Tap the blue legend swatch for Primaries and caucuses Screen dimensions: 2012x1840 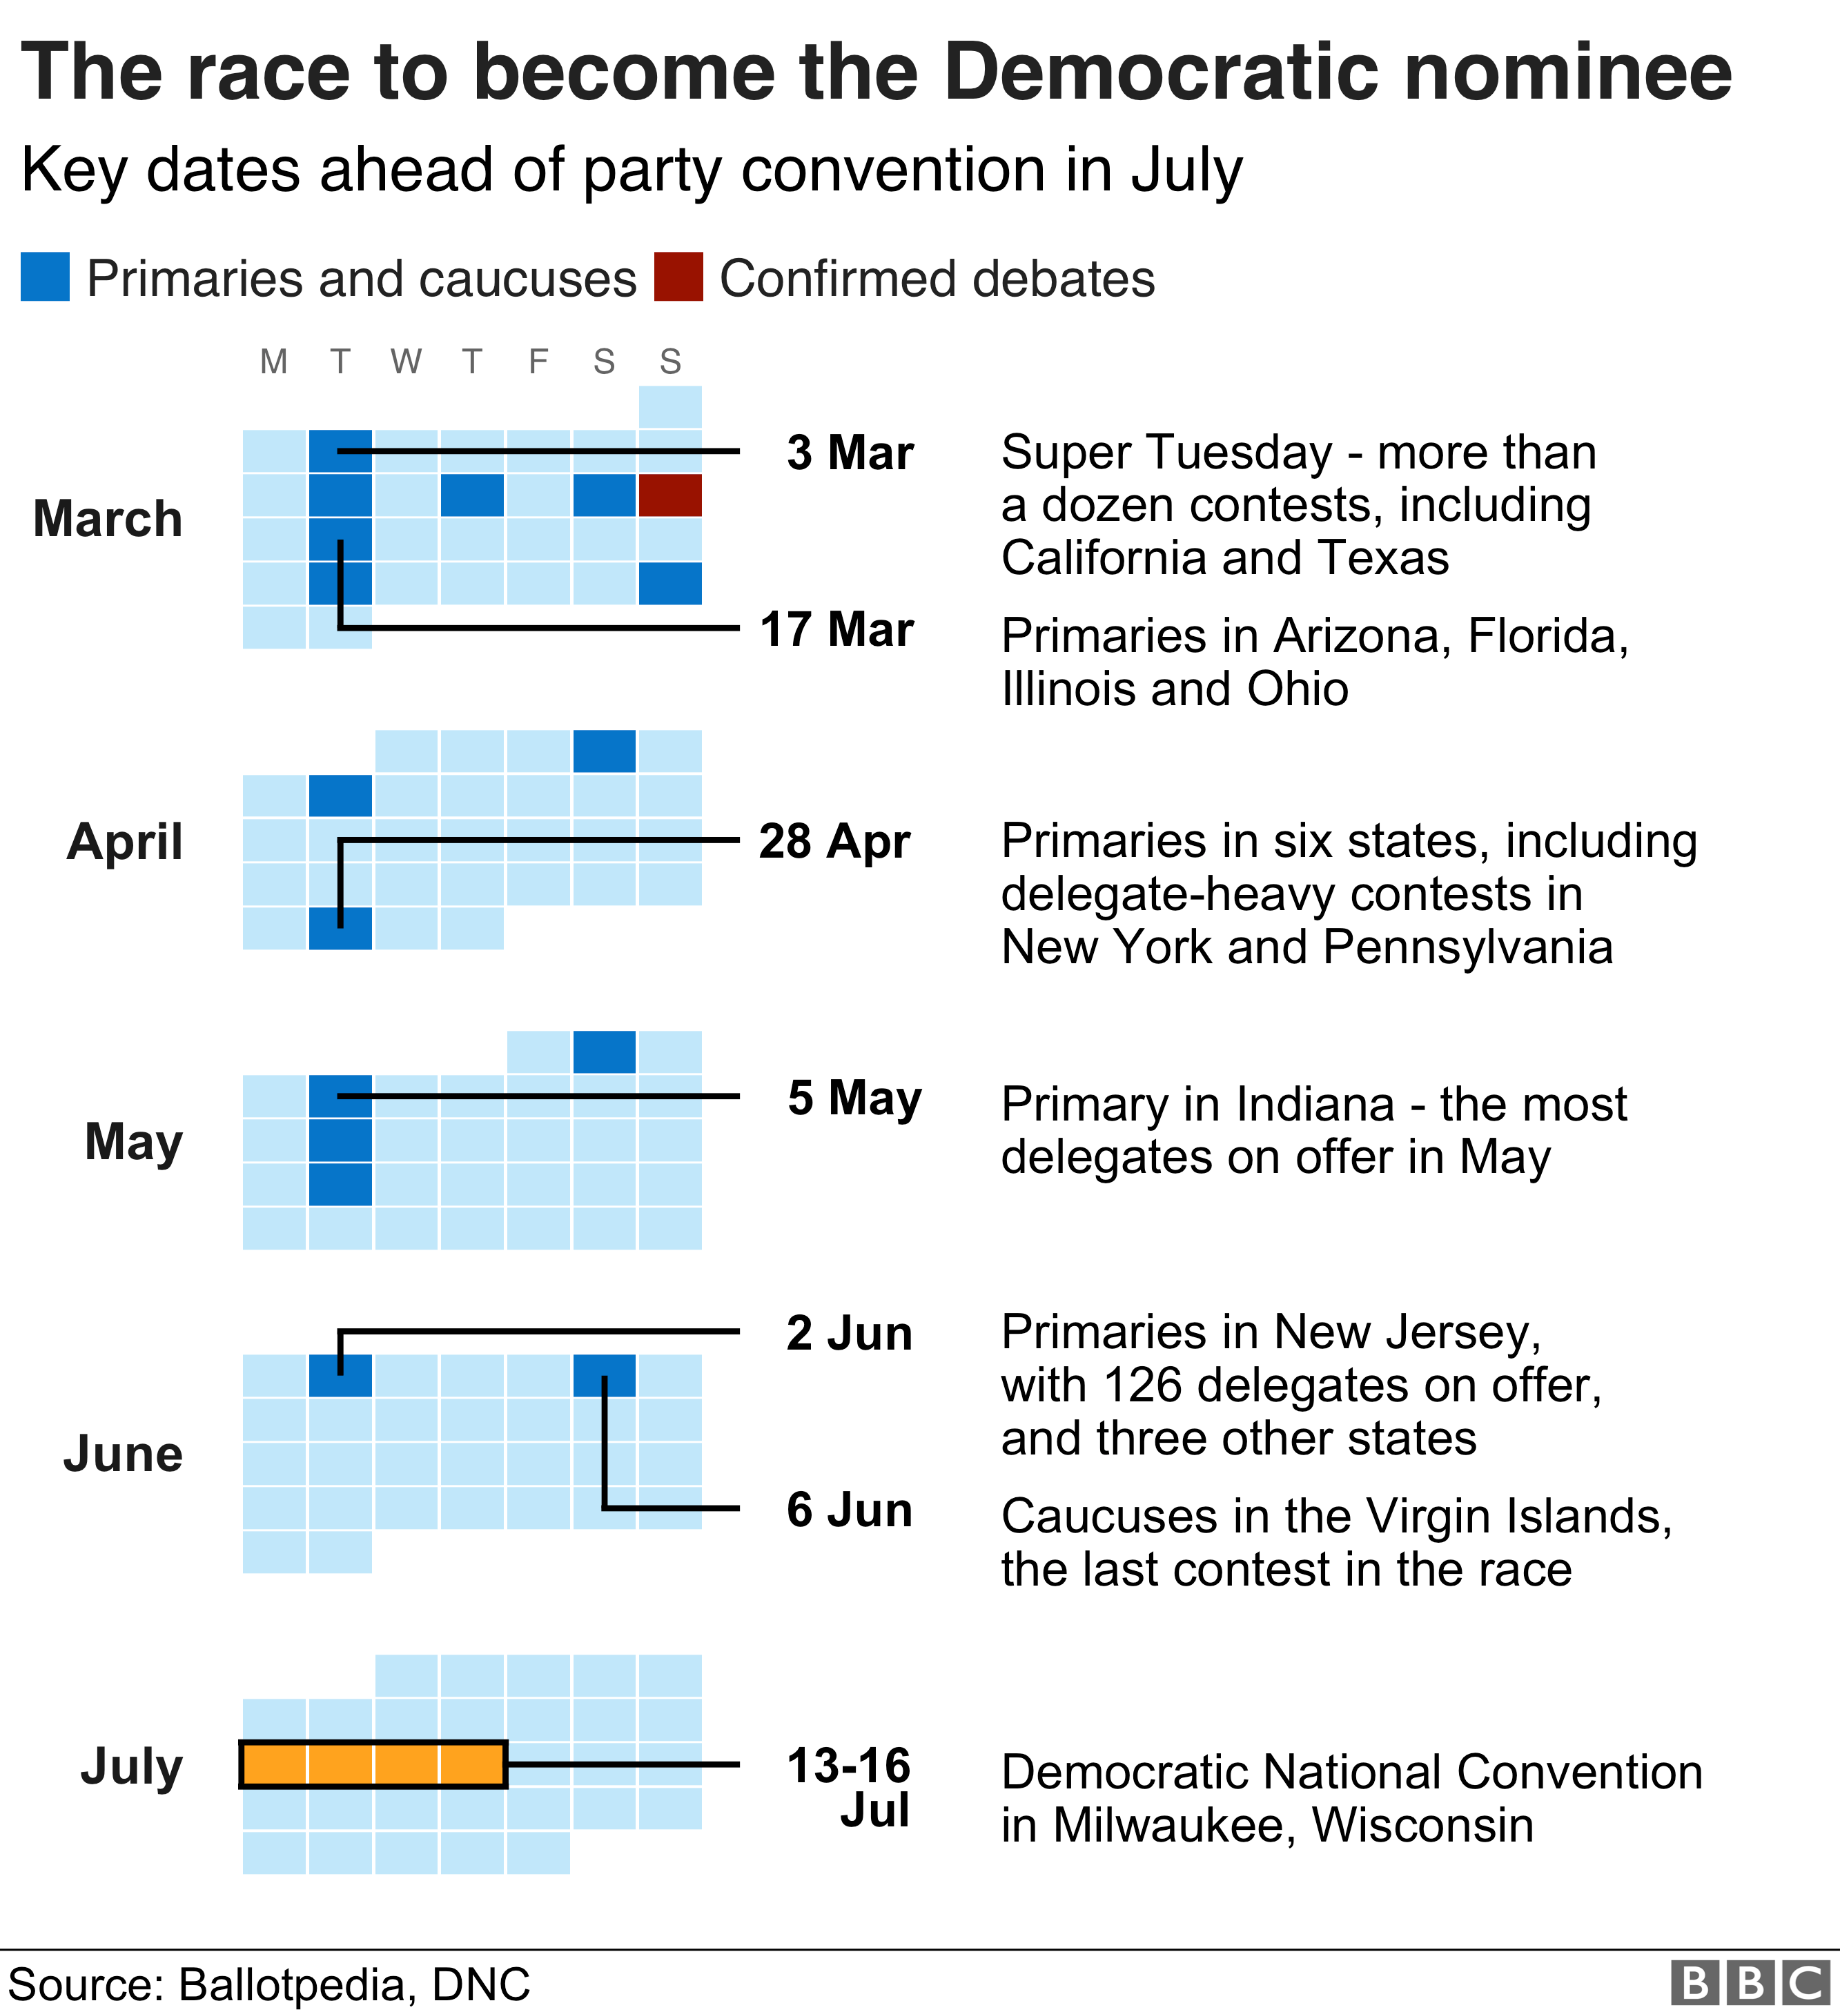point(45,277)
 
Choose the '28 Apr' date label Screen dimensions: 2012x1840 point(834,841)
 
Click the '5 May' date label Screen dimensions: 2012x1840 point(854,1098)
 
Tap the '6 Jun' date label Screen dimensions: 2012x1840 point(850,1510)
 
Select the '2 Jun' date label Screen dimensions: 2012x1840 point(850,1333)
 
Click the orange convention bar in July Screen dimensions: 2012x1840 point(373,1764)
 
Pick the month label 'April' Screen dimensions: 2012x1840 point(125,841)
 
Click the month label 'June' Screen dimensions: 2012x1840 point(123,1454)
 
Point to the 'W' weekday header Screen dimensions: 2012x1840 point(405,362)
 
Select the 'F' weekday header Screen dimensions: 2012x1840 point(538,362)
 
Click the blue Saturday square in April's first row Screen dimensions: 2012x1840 point(604,751)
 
